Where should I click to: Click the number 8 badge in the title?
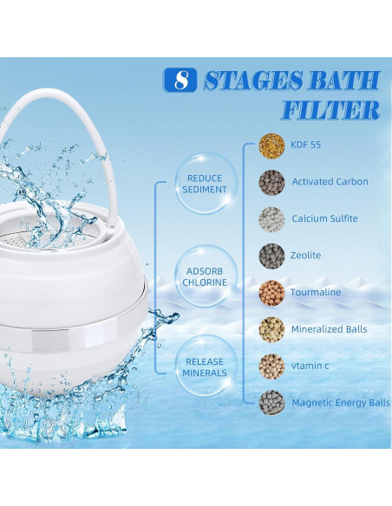[x=180, y=81]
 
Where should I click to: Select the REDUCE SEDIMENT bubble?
[x=206, y=184]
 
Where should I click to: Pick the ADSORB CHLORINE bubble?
[x=206, y=276]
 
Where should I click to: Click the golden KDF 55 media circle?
[x=271, y=146]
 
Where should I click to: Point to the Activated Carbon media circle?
[x=271, y=182]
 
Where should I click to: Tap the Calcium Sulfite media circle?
[x=271, y=219]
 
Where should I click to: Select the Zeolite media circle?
[x=271, y=256]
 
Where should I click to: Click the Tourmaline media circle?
[x=271, y=293]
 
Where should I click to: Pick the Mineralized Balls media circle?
[x=271, y=329]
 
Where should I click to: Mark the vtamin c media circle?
[x=271, y=367]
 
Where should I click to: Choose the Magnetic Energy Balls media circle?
[x=271, y=403]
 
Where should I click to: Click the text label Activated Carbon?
[x=330, y=182]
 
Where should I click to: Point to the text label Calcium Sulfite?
[x=324, y=219]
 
